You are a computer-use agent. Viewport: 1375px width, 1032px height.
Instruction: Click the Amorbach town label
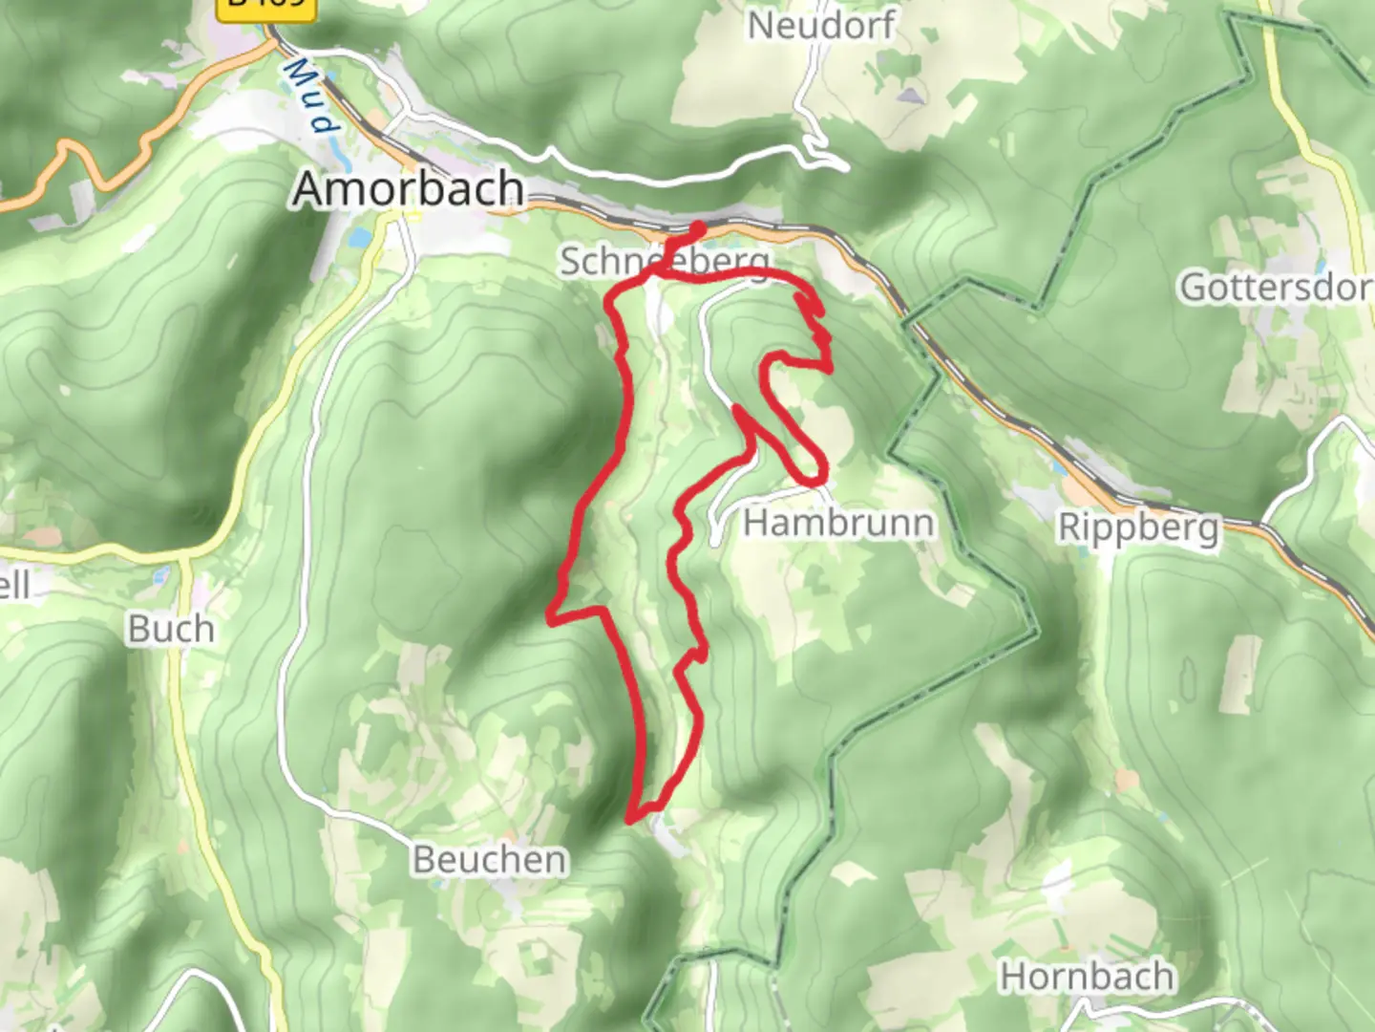pos(409,188)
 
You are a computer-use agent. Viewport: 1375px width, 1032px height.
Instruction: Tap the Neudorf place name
pos(821,25)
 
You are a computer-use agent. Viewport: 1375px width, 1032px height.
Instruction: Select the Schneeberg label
pos(666,260)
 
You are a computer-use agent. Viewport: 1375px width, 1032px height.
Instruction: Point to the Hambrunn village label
pos(838,523)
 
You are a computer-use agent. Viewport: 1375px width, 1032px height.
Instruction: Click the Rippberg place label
pos(1138,527)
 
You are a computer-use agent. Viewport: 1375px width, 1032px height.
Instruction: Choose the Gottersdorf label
pos(1276,286)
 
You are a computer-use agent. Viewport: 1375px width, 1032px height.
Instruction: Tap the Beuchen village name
pos(490,859)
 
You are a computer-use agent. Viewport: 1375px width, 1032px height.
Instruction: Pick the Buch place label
pos(171,629)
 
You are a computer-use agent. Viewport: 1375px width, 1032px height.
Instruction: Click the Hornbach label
pos(1087,977)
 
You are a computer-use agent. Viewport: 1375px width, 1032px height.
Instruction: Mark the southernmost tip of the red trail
pos(630,819)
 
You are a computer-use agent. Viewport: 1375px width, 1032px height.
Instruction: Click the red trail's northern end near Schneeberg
pos(699,227)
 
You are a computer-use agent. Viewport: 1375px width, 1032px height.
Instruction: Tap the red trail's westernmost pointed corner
pos(551,621)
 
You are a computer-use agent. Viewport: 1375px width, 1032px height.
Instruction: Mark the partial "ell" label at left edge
pos(14,585)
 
